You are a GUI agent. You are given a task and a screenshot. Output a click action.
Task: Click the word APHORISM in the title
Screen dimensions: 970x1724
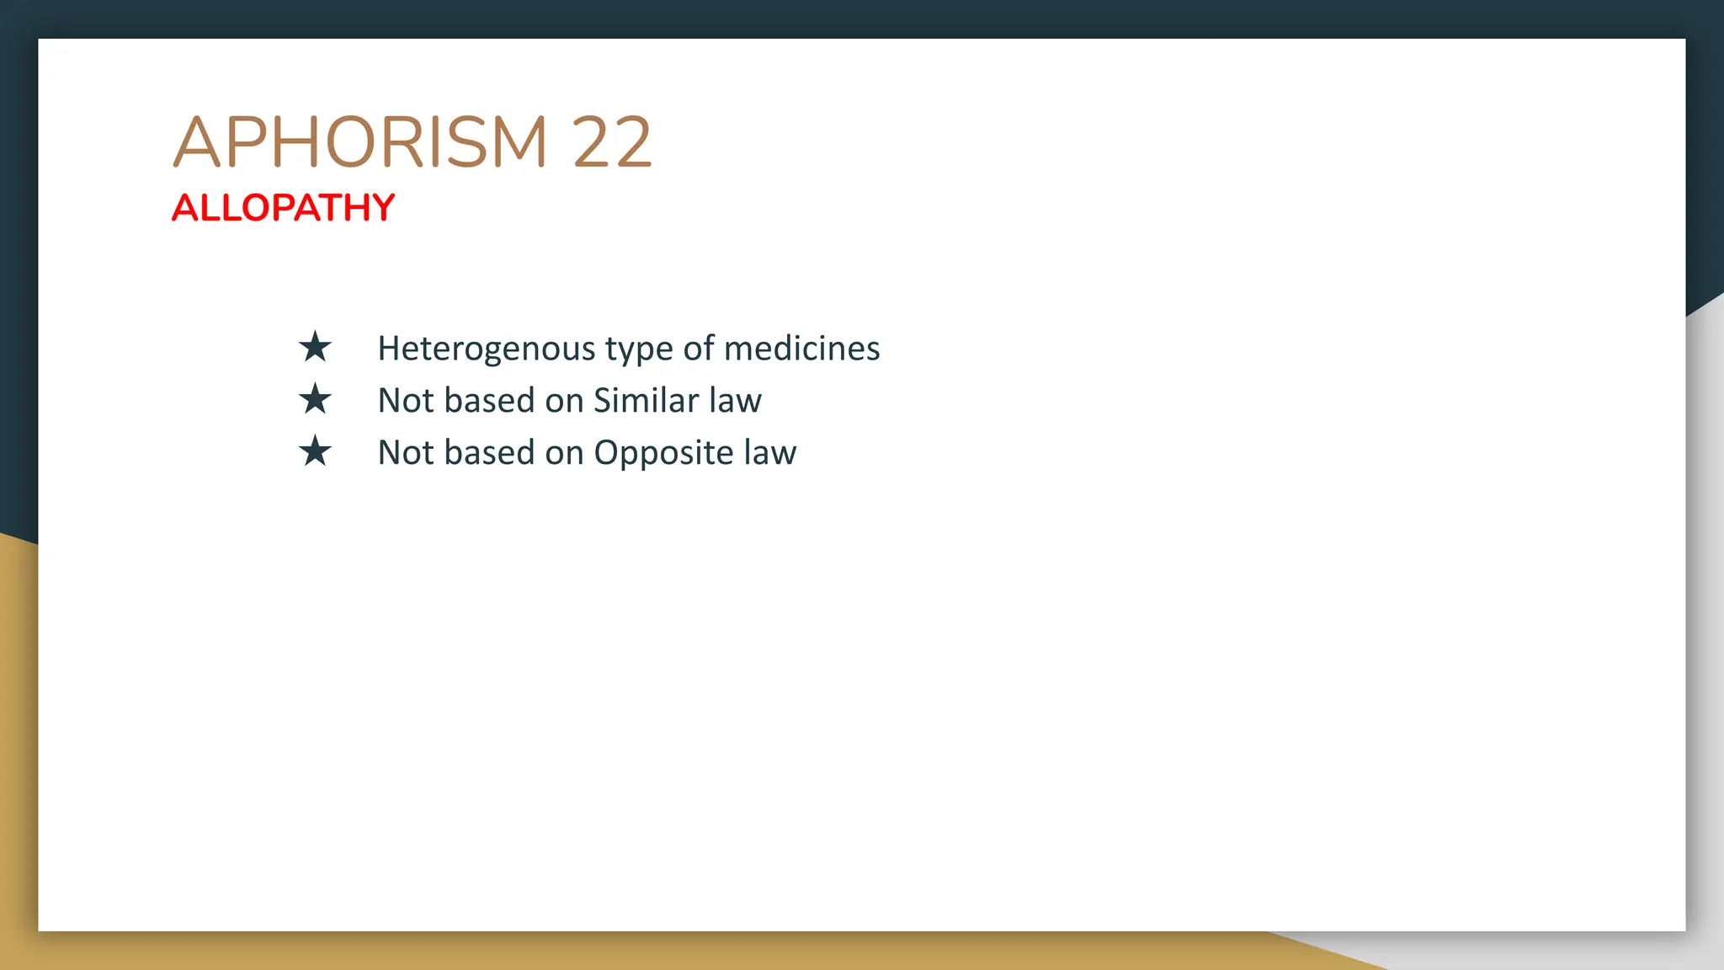(360, 142)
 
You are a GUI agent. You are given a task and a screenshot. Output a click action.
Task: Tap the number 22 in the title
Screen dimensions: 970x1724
(612, 142)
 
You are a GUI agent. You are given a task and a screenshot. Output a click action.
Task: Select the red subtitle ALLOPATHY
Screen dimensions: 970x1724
(283, 208)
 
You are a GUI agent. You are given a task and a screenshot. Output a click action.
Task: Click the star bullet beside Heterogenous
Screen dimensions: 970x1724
(315, 347)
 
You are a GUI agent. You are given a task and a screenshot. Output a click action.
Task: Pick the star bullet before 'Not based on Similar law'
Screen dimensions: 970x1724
(315, 399)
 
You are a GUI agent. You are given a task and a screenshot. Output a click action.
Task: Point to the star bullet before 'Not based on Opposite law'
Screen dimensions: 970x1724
(315, 451)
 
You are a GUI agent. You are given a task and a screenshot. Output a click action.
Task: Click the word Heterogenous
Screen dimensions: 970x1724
(487, 349)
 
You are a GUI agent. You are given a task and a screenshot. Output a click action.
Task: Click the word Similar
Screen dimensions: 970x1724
(646, 401)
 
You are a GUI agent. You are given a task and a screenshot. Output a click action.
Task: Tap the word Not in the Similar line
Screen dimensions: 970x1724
(406, 401)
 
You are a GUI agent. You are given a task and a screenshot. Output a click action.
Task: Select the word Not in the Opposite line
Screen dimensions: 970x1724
(406, 453)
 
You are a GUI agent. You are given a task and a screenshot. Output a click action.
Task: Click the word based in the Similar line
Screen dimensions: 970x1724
(489, 401)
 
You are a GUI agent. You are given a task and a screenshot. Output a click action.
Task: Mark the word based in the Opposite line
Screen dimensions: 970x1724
(489, 453)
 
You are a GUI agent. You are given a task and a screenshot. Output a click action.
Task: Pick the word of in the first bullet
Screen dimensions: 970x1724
(699, 349)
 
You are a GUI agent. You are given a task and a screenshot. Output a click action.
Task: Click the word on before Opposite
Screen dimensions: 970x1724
(564, 453)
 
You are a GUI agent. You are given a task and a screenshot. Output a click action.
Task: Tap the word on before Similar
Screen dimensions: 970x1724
(564, 401)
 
